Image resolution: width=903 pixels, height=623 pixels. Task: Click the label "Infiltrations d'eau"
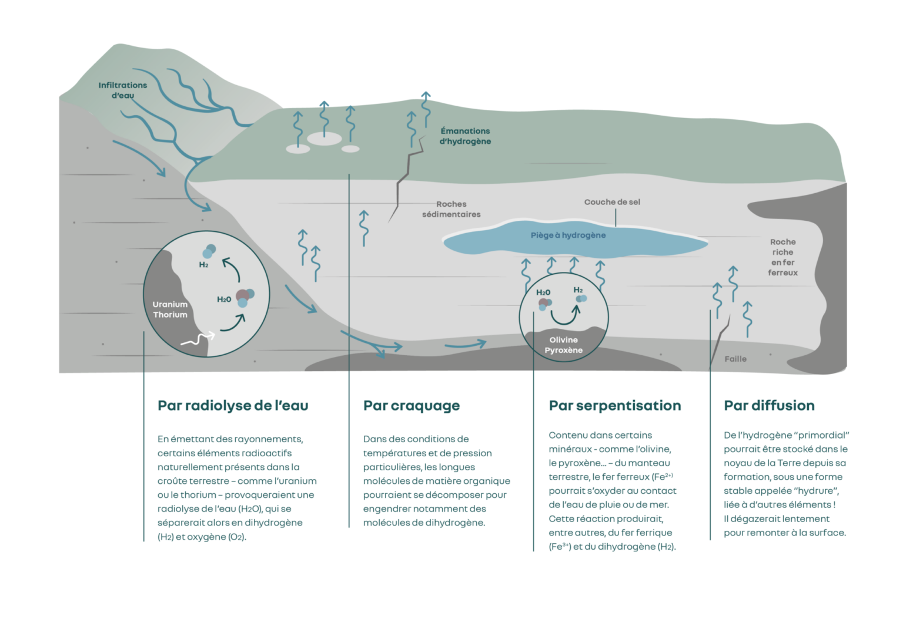coord(123,90)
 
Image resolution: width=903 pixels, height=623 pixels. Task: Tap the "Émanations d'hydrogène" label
coord(465,136)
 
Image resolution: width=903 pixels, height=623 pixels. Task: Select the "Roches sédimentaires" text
coord(451,210)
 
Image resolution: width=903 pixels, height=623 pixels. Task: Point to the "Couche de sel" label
coord(612,202)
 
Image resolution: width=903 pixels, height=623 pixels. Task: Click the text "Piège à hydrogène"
coord(568,235)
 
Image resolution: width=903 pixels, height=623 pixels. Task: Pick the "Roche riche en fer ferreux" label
coord(782,257)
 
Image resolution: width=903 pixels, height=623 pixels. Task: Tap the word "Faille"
coord(735,359)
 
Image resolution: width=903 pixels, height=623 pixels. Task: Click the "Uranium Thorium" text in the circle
coord(170,309)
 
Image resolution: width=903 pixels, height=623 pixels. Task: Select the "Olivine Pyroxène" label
coord(563,345)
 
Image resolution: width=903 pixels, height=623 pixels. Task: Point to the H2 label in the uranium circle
coord(203,264)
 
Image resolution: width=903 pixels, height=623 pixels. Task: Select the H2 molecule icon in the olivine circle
coord(581,299)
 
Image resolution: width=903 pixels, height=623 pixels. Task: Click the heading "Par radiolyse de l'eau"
coord(232,406)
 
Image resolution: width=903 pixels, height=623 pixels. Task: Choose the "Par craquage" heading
coord(411,406)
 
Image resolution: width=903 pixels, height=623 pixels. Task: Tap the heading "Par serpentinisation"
coord(614,406)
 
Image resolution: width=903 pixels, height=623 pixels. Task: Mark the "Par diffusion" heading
coord(768,406)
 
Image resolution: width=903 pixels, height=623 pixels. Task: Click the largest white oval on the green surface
coord(324,139)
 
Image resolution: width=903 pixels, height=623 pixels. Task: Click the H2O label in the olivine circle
coord(543,292)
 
